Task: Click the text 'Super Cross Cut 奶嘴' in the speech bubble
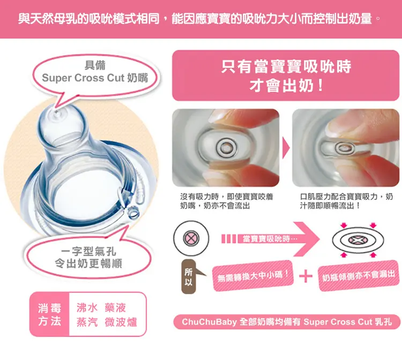(x=95, y=78)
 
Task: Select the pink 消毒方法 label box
(x=49, y=314)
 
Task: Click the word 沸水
(x=87, y=307)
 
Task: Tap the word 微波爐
(x=121, y=322)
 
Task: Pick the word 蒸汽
(x=87, y=322)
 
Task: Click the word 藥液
(x=115, y=307)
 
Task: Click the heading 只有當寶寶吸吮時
(x=286, y=66)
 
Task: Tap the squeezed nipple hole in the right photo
(x=345, y=148)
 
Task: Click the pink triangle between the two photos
(x=286, y=148)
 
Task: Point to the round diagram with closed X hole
(x=191, y=238)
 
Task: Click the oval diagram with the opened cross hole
(x=358, y=241)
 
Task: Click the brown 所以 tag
(x=189, y=276)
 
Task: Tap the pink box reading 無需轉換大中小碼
(x=253, y=276)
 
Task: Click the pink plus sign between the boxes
(x=306, y=276)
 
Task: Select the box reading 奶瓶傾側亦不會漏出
(x=359, y=275)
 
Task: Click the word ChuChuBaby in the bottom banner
(x=209, y=322)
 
